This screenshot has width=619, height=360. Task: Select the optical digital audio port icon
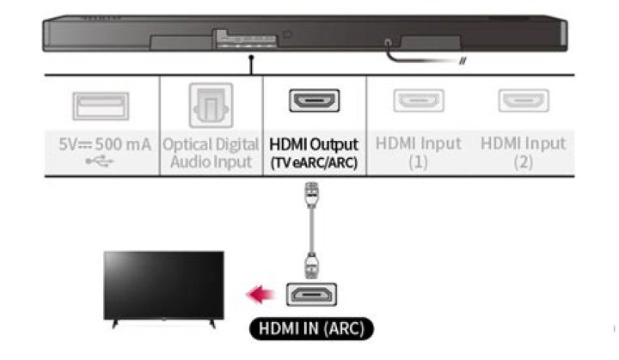point(209,104)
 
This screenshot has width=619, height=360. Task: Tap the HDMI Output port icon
point(313,101)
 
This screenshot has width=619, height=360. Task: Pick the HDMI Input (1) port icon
point(418,101)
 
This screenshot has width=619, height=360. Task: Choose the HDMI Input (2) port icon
point(524,101)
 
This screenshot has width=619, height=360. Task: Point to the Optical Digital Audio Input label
point(209,152)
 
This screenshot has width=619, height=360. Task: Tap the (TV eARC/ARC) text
point(313,161)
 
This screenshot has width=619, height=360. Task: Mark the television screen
point(162,284)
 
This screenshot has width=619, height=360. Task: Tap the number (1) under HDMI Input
point(418,161)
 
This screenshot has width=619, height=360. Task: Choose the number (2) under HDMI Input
point(524,161)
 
